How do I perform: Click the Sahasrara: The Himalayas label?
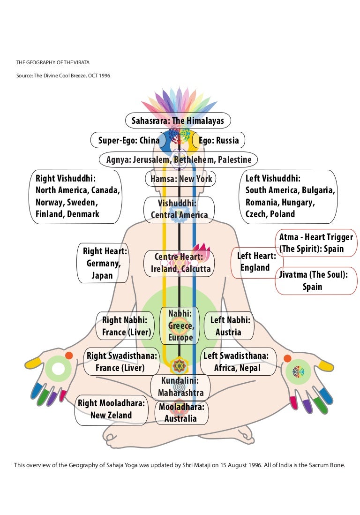(178, 121)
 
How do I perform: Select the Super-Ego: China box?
(128, 140)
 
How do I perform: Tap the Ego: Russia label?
(218, 140)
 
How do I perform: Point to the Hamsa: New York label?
(179, 179)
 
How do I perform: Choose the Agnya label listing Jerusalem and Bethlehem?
(179, 159)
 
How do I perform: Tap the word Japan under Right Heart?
(102, 275)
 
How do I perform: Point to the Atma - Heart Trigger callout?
(315, 243)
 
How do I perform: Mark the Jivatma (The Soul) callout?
(313, 280)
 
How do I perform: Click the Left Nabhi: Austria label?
(230, 326)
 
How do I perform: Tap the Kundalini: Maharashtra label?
(180, 386)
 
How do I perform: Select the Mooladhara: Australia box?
(181, 412)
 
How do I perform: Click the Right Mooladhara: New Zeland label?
(111, 409)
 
